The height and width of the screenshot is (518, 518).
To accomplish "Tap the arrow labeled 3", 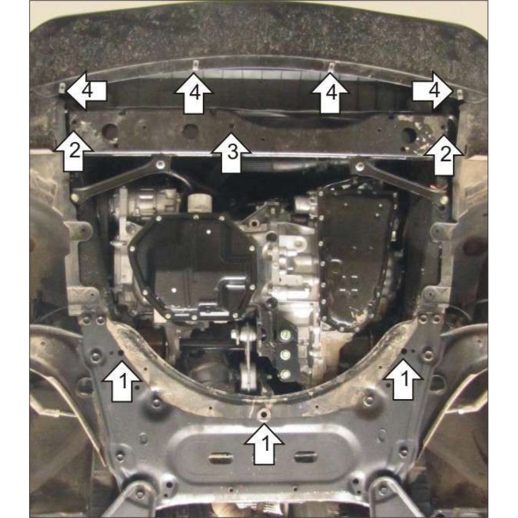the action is point(231,152).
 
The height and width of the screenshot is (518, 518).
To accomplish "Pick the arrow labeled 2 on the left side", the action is point(74,151).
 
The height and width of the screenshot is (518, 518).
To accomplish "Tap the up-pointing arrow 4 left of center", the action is point(193,94).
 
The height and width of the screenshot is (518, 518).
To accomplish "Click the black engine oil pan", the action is point(194,267).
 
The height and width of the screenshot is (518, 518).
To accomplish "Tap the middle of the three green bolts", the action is point(285,355).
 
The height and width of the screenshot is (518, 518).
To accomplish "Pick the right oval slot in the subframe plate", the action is point(306,457).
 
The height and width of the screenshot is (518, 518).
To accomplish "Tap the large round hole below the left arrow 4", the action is point(111,131).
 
